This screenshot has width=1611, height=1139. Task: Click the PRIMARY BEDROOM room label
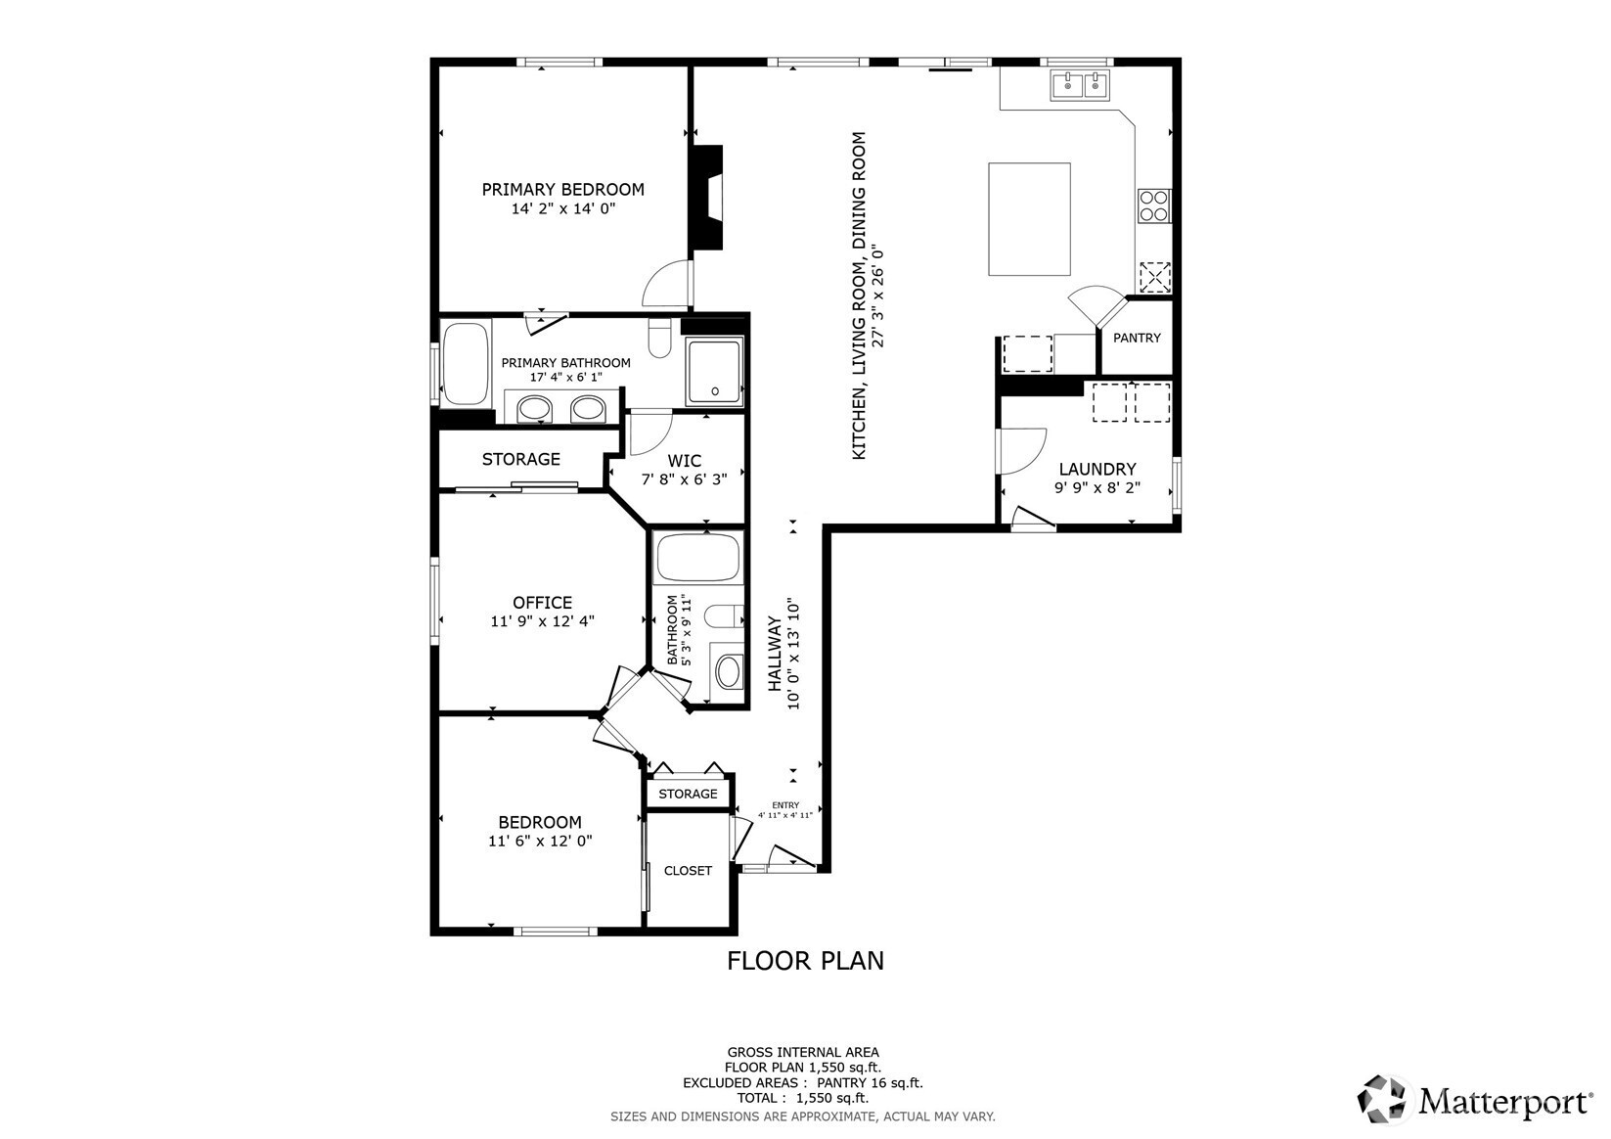click(x=562, y=189)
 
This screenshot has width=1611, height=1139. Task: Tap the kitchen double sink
click(x=1080, y=85)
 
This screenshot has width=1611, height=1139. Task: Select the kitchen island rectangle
click(x=1029, y=219)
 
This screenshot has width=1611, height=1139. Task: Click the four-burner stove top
click(x=1153, y=205)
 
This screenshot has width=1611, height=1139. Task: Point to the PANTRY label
click(x=1137, y=338)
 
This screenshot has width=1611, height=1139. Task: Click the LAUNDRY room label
click(x=1096, y=469)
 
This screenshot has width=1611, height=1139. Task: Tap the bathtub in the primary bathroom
click(x=466, y=363)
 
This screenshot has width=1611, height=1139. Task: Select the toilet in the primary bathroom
click(x=659, y=337)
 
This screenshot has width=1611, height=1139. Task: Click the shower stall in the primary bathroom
click(x=714, y=372)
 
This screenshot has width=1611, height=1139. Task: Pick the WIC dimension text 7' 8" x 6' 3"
click(x=684, y=479)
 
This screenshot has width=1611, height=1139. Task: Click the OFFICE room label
click(x=542, y=602)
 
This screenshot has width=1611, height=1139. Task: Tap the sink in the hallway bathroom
click(x=728, y=672)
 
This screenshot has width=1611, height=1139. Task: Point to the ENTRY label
click(x=785, y=805)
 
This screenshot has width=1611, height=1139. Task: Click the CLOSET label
click(x=688, y=871)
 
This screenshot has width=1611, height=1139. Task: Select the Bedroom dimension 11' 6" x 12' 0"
click(x=540, y=841)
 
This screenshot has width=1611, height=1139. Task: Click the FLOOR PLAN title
click(x=805, y=961)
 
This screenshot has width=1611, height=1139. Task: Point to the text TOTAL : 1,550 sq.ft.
click(x=803, y=1098)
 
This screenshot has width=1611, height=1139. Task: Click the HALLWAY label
click(x=774, y=654)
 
